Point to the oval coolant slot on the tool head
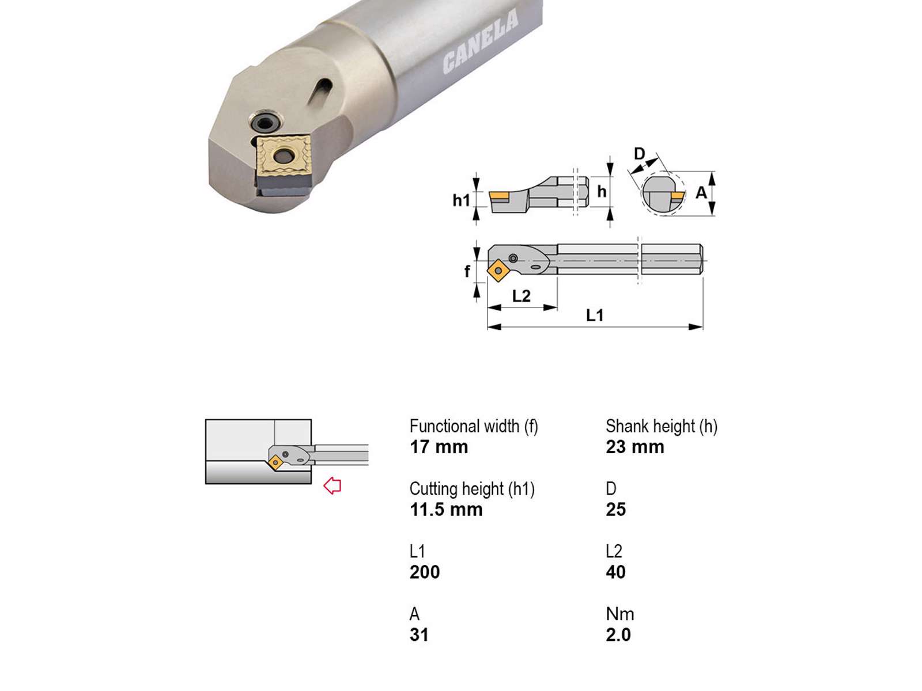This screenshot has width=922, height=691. click(x=320, y=90)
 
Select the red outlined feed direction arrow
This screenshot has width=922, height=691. click(x=332, y=486)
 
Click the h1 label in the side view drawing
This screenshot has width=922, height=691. click(x=461, y=200)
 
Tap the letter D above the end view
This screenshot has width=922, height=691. click(x=639, y=154)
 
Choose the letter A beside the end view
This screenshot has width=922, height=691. click(x=701, y=192)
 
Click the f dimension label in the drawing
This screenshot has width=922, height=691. click(x=467, y=271)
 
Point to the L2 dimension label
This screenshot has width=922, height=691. click(x=522, y=296)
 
